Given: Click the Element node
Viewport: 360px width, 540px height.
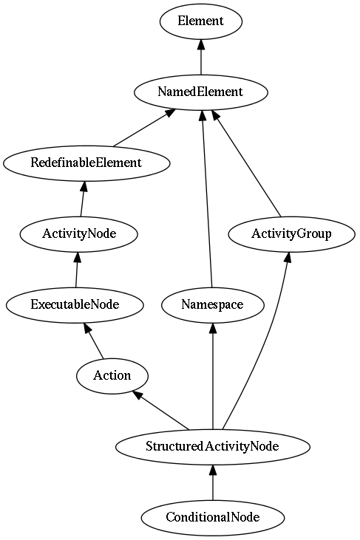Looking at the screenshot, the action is pyautogui.click(x=201, y=21).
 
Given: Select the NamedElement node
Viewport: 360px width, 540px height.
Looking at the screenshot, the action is pyautogui.click(x=201, y=92).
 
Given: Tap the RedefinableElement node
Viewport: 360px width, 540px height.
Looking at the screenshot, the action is pyautogui.click(x=86, y=163).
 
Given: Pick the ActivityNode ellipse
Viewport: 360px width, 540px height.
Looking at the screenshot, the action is pyautogui.click(x=79, y=234).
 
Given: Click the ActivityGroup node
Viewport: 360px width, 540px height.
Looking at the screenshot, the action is pyautogui.click(x=291, y=234).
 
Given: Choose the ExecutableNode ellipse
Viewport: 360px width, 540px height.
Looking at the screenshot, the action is pyautogui.click(x=75, y=305).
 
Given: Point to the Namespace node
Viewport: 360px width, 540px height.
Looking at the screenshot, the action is pyautogui.click(x=213, y=305).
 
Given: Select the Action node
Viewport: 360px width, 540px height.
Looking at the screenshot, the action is pyautogui.click(x=112, y=376).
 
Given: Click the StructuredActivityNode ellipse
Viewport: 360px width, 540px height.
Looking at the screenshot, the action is pyautogui.click(x=213, y=447).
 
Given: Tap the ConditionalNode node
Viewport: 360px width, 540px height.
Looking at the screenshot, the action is pyautogui.click(x=213, y=518).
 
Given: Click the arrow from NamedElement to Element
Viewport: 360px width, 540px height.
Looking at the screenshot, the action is pyautogui.click(x=201, y=57).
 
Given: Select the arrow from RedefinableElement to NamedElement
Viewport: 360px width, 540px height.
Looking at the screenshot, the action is pyautogui.click(x=144, y=128).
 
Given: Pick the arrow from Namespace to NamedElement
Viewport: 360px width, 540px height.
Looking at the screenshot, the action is pyautogui.click(x=207, y=199).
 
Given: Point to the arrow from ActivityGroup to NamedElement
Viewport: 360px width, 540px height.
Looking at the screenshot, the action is pyautogui.click(x=246, y=164).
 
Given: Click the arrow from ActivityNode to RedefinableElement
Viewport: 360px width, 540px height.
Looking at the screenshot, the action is pyautogui.click(x=83, y=199).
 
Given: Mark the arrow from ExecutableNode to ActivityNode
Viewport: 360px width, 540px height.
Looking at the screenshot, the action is pyautogui.click(x=77, y=270).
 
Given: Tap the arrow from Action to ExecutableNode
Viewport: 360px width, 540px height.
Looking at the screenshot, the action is pyautogui.click(x=94, y=341).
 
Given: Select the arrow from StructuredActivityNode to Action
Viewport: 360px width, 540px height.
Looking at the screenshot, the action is pyautogui.click(x=161, y=411).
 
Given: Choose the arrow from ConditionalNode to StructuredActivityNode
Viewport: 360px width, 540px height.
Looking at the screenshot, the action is pyautogui.click(x=213, y=482).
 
